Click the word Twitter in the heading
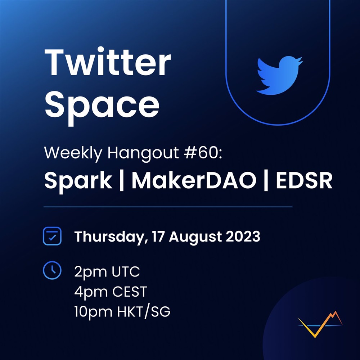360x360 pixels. [x=108, y=61]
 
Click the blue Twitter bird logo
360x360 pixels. [x=279, y=76]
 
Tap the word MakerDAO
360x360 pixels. [x=194, y=180]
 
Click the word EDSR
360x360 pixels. [x=304, y=180]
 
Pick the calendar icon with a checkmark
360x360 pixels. [x=52, y=236]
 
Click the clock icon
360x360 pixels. [x=52, y=270]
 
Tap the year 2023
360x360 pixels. [x=243, y=237]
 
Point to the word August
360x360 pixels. [x=195, y=237]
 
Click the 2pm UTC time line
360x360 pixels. [x=107, y=272]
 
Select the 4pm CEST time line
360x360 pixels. [x=111, y=292]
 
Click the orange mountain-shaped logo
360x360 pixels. [x=320, y=324]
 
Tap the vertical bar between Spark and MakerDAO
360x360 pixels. [x=122, y=181]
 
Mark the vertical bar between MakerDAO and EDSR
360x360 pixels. [x=266, y=181]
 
